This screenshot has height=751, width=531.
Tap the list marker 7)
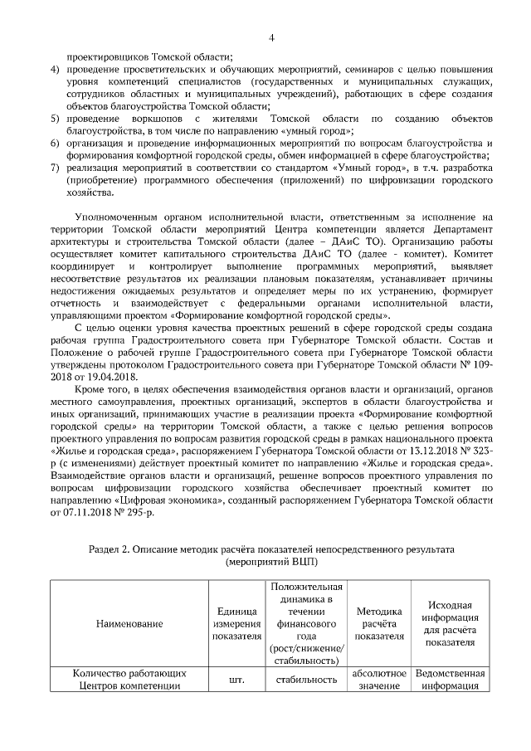[55, 168]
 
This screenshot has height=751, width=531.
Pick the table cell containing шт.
[235, 680]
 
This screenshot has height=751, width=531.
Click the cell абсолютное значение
[378, 680]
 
